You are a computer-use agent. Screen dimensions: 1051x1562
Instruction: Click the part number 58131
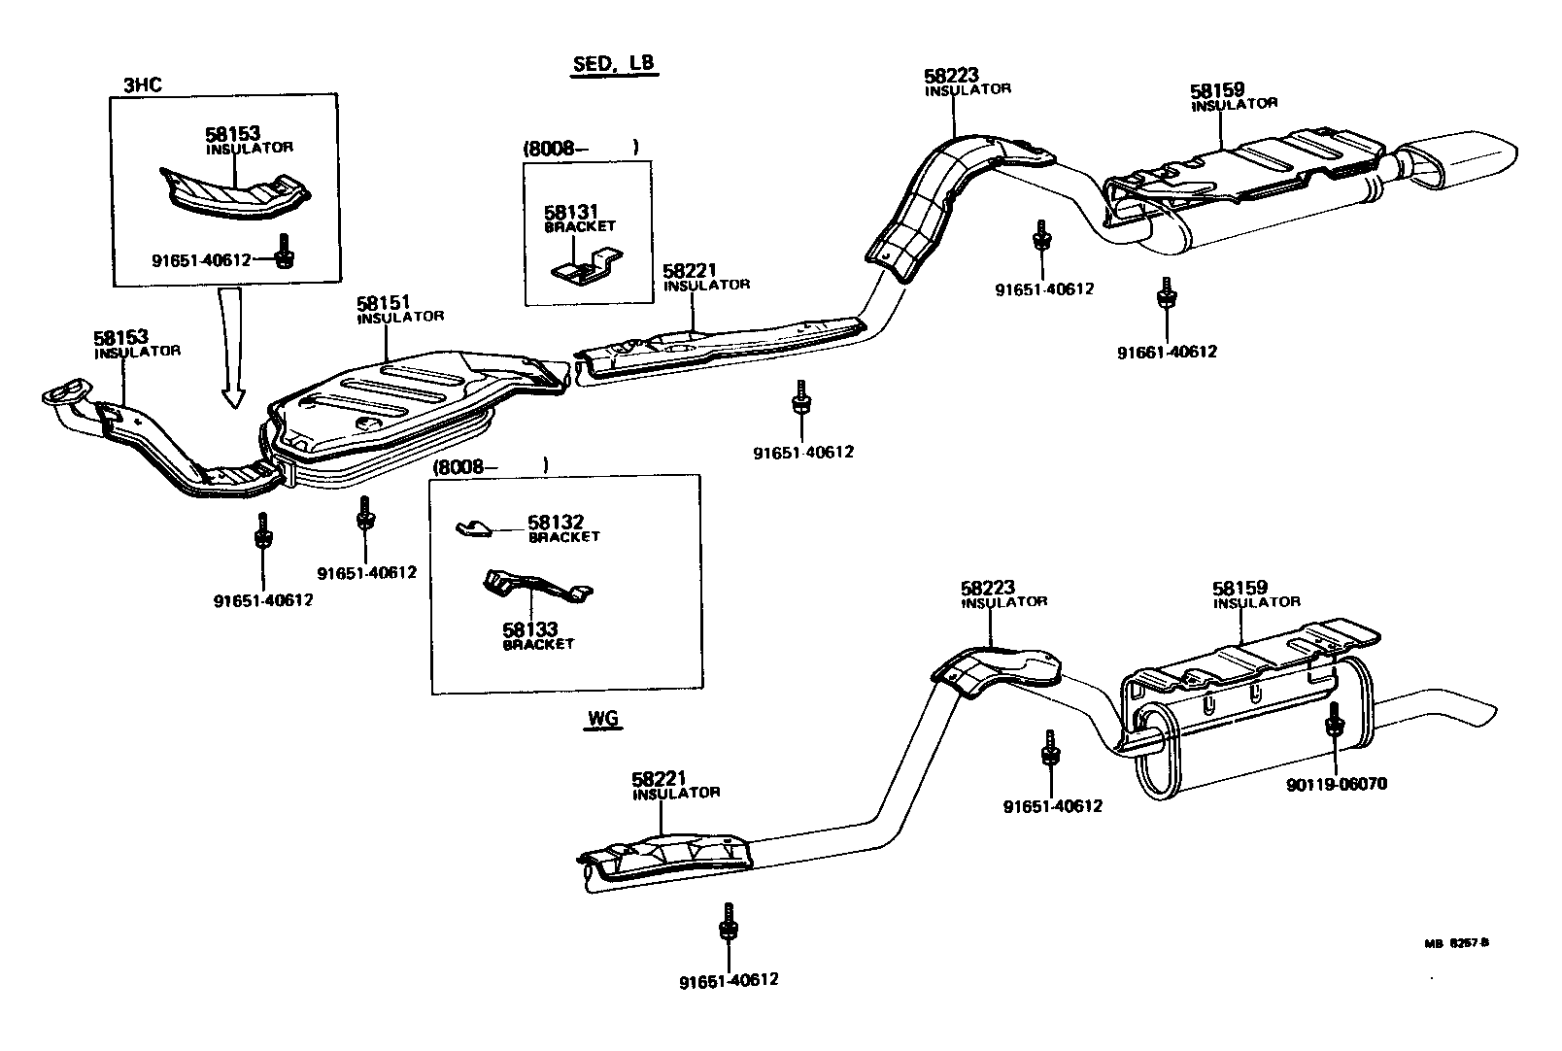point(570,211)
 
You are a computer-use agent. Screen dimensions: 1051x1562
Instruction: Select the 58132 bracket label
point(556,523)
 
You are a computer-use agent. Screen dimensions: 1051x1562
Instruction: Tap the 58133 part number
point(530,630)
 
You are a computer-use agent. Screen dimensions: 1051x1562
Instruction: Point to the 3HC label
point(142,85)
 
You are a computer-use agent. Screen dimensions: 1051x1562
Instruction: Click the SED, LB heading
point(612,64)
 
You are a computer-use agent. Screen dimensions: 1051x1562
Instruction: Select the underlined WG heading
point(603,720)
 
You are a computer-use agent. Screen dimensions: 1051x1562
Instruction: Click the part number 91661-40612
point(1166,352)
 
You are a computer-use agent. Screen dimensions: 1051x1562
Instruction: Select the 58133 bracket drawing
point(536,588)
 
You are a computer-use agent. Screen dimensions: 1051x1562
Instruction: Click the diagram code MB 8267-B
point(1456,941)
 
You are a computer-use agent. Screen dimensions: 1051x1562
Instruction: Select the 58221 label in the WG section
point(660,778)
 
